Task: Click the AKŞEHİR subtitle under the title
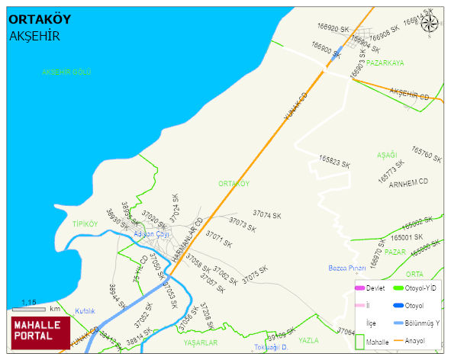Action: click(x=34, y=36)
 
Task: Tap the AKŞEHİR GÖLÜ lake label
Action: click(x=66, y=72)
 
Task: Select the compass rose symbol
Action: click(x=430, y=24)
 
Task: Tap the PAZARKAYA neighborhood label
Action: click(x=385, y=63)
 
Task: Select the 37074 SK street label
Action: click(x=267, y=215)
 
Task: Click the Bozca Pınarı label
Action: click(x=347, y=268)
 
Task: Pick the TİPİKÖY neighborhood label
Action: click(x=85, y=224)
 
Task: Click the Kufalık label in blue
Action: click(x=85, y=311)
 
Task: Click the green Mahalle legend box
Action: click(x=359, y=342)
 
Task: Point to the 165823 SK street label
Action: click(x=334, y=163)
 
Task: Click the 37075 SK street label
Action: click(x=254, y=275)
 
